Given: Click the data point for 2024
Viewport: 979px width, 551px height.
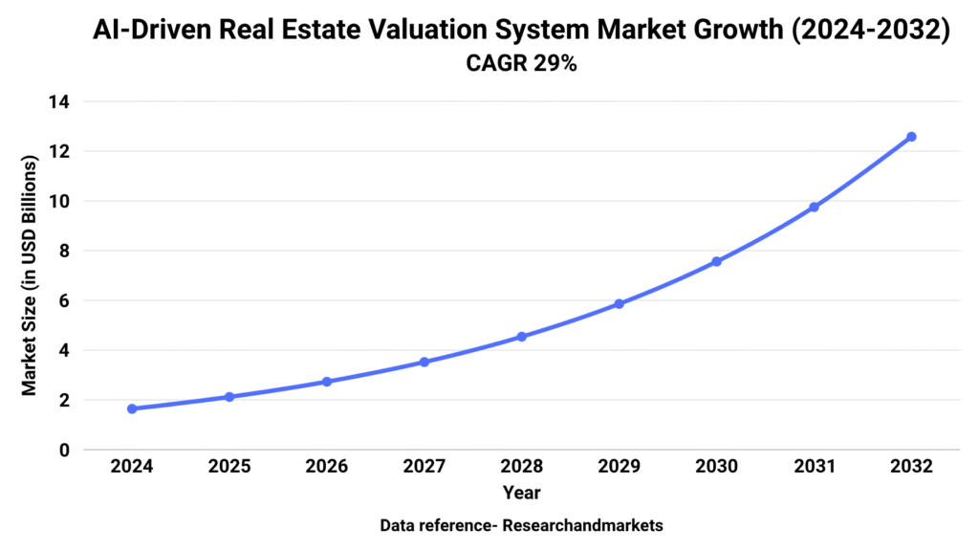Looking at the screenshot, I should point(132,408).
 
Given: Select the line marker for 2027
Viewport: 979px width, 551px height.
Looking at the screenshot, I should point(424,362).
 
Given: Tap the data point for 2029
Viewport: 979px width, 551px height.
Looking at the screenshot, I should point(620,304).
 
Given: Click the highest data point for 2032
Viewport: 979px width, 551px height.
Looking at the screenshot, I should point(911,137).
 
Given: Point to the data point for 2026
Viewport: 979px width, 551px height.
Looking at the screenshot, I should point(327,382).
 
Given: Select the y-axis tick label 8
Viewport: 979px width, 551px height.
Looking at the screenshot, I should point(64,251).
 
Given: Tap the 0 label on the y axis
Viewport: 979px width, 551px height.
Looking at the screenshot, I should point(64,450).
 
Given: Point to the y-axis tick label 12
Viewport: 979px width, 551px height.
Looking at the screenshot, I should point(60,151).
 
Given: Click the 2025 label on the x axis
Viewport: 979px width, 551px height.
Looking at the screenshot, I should point(229,467).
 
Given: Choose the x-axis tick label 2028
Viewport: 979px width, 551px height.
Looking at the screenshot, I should point(522,467).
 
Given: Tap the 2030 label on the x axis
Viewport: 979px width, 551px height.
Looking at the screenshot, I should point(717,467).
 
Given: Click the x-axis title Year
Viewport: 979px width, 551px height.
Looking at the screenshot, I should point(522,494).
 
